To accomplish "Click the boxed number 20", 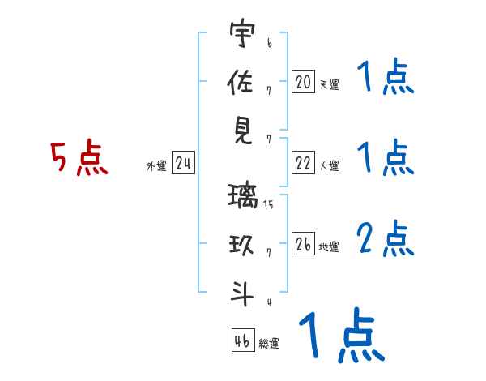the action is tap(303, 81).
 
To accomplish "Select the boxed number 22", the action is tap(303, 163).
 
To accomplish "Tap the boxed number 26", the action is tap(303, 243).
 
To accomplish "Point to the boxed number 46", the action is tap(241, 340).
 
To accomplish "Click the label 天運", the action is tap(329, 84).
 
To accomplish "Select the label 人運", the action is tap(329, 166).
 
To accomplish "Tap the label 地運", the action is tap(329, 246).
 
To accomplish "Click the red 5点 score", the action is tap(79, 157).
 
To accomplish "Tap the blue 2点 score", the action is tap(385, 239).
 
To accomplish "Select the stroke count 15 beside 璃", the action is tap(268, 205).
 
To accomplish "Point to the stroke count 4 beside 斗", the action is tap(268, 302).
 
